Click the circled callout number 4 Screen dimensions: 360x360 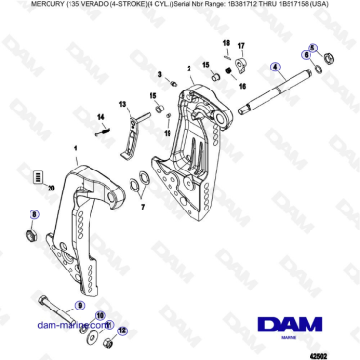tap(275, 67)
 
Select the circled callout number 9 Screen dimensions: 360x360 tap(80, 306)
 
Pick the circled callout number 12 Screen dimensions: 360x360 tap(122, 330)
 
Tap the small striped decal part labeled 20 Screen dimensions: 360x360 tap(39, 178)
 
